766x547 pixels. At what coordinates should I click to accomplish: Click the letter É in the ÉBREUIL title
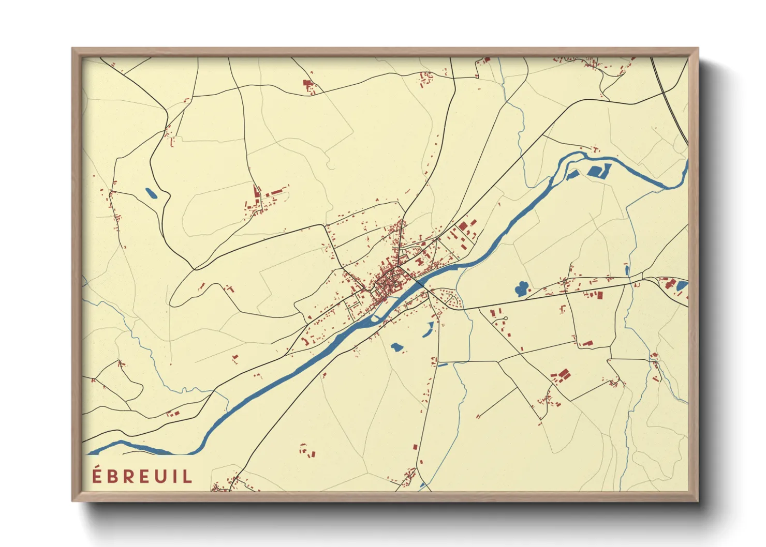tap(97, 476)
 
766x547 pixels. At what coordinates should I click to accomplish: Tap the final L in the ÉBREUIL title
tap(187, 476)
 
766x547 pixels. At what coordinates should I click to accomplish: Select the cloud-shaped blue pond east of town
tap(521, 288)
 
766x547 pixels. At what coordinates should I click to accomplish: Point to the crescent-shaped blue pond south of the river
tap(429, 329)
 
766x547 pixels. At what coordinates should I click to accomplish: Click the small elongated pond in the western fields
tap(151, 193)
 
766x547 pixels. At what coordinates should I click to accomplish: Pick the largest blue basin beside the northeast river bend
tap(597, 171)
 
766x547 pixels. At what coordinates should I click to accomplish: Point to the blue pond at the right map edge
tap(682, 285)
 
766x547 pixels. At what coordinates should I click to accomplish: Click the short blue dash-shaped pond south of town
tap(443, 365)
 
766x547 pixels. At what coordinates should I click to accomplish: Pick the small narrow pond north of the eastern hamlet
tap(627, 270)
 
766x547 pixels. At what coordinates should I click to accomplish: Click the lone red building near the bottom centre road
tap(415, 446)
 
